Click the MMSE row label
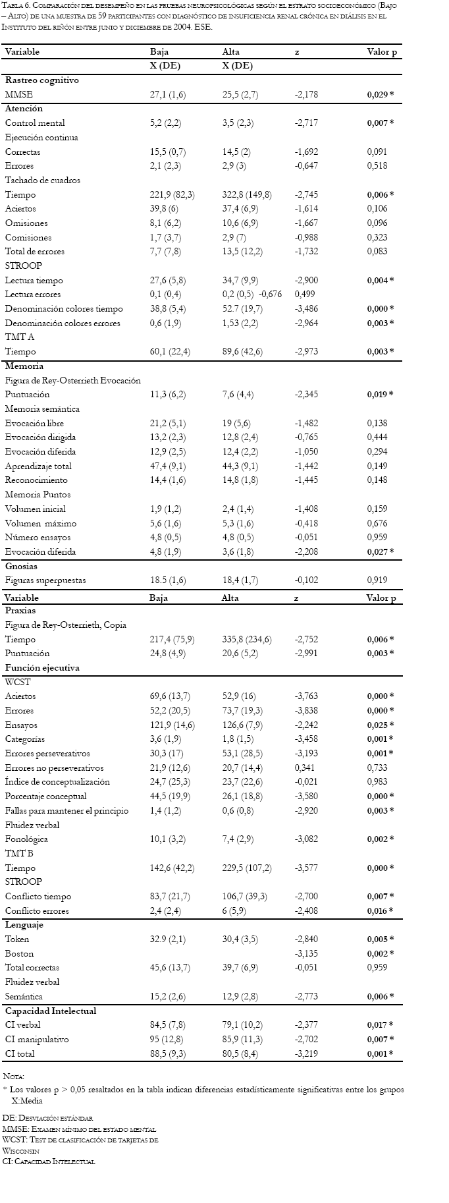click(18, 95)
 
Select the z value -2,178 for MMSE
click(306, 95)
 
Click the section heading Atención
click(24, 109)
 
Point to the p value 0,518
click(377, 166)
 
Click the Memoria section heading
click(24, 366)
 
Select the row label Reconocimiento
click(36, 480)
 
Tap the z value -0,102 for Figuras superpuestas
click(306, 580)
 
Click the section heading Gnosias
click(21, 566)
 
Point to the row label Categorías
click(26, 739)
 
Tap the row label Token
click(17, 939)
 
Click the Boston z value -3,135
click(306, 953)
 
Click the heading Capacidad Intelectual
click(51, 1011)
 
